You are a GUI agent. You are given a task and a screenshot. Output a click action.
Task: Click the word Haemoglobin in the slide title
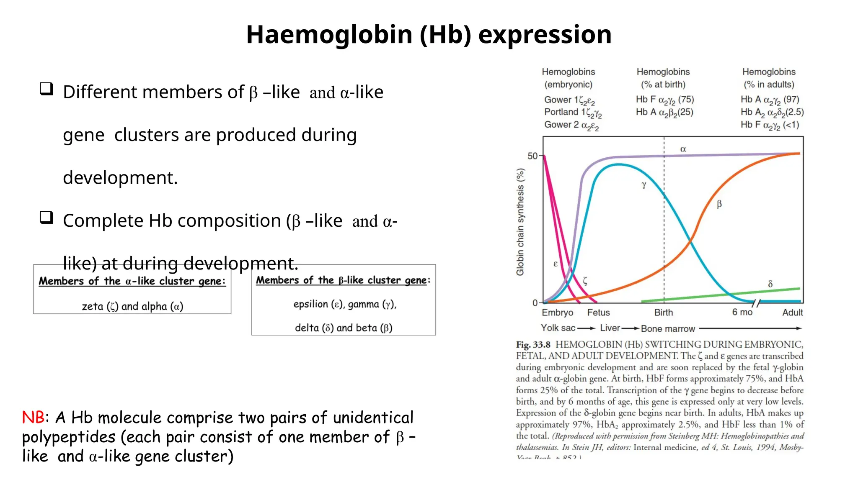(x=329, y=34)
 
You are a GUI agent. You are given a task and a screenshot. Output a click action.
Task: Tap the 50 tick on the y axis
(x=532, y=156)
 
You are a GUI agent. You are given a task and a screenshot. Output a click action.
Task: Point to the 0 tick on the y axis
(x=535, y=303)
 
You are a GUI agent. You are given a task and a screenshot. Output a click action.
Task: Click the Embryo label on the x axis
(x=557, y=313)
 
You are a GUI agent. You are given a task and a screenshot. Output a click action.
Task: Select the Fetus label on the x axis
(x=598, y=313)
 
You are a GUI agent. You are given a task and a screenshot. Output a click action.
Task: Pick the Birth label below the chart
(x=664, y=313)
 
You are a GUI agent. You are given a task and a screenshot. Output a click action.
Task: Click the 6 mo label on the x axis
(x=742, y=312)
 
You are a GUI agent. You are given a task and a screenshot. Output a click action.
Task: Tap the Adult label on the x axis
(x=792, y=313)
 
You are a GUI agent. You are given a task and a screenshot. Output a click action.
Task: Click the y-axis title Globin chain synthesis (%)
(x=520, y=222)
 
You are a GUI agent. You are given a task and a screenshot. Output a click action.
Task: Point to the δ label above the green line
(x=770, y=284)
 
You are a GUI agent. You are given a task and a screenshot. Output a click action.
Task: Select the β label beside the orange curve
(x=719, y=204)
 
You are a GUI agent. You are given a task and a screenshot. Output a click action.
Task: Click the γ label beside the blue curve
(x=644, y=185)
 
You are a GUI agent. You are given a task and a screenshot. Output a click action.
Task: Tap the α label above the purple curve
(x=683, y=149)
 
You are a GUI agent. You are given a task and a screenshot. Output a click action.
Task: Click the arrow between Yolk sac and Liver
(x=586, y=328)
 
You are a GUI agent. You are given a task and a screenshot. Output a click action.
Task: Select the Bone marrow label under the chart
(x=668, y=329)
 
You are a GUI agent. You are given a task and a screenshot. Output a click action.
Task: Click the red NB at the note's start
(x=33, y=417)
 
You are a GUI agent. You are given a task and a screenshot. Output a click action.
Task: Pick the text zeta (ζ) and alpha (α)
(x=132, y=306)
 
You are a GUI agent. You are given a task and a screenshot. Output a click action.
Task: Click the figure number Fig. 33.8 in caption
(x=533, y=345)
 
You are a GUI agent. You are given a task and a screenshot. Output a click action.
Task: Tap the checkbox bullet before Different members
(x=47, y=89)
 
